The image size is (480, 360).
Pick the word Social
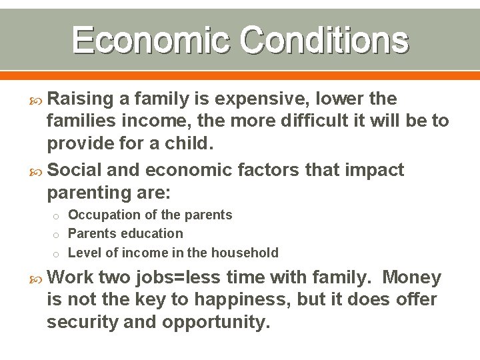click(x=75, y=170)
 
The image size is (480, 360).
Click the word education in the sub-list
click(x=152, y=233)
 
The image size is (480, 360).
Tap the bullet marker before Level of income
click(x=57, y=253)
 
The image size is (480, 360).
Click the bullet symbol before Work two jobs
click(x=37, y=277)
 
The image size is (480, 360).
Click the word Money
click(x=412, y=277)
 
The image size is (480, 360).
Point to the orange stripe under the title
click(x=240, y=75)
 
